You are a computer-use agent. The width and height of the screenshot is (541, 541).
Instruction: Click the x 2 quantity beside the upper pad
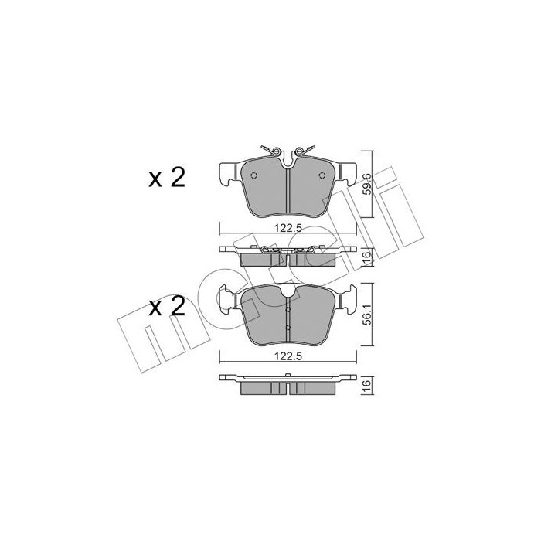pos(166,178)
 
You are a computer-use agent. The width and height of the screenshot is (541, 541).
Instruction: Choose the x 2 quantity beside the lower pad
pos(166,307)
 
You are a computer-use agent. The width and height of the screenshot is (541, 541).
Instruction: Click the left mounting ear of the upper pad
pos(230,172)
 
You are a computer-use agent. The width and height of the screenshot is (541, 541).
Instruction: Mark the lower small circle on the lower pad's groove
pos(288,328)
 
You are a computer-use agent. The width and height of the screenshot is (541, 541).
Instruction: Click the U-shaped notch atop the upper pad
pos(288,161)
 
